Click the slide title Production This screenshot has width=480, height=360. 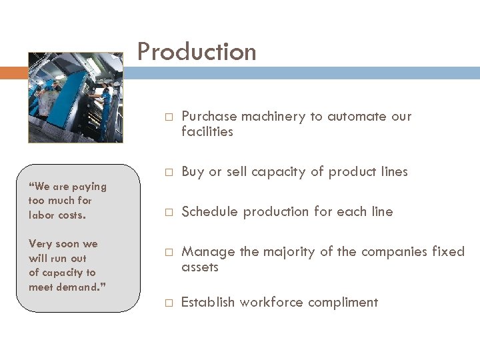pyautogui.click(x=197, y=52)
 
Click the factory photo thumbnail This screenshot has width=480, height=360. pyautogui.click(x=75, y=98)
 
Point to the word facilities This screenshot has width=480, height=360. pyautogui.click(x=207, y=132)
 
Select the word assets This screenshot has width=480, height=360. pyautogui.click(x=200, y=267)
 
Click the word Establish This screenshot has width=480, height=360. pyautogui.click(x=208, y=303)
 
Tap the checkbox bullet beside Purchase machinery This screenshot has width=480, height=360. pyautogui.click(x=169, y=117)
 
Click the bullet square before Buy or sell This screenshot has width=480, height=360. pyautogui.click(x=169, y=173)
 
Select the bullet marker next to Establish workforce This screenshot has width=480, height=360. pyautogui.click(x=169, y=303)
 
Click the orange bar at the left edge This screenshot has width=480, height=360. pyautogui.click(x=11, y=73)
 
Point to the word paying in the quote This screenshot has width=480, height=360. pyautogui.click(x=90, y=186)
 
